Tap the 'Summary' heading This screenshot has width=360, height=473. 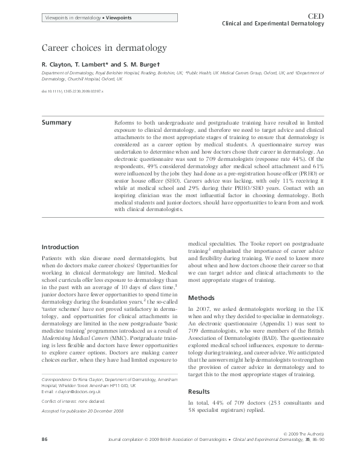click(x=56, y=123)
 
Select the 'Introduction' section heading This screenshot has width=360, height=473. click(x=60, y=247)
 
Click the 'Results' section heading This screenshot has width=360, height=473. click(x=201, y=391)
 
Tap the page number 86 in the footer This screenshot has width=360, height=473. click(x=45, y=455)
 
